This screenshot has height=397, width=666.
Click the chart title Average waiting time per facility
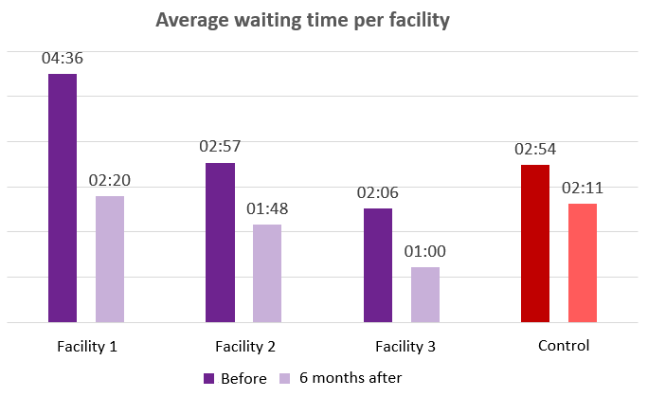(303, 20)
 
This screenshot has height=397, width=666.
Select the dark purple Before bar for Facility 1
(63, 198)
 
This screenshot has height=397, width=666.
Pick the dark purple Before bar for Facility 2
(220, 243)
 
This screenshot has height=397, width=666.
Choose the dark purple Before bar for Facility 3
(378, 265)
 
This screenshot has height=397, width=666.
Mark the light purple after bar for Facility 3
(425, 295)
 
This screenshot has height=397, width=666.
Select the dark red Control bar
(535, 244)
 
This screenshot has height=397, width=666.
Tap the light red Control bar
(583, 262)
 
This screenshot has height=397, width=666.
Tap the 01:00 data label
(425, 252)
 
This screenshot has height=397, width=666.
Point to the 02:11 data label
(583, 188)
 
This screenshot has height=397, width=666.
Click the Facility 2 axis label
(245, 347)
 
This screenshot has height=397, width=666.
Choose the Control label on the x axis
(564, 346)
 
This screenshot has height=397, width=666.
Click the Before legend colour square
(209, 378)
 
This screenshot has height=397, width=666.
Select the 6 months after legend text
(351, 378)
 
